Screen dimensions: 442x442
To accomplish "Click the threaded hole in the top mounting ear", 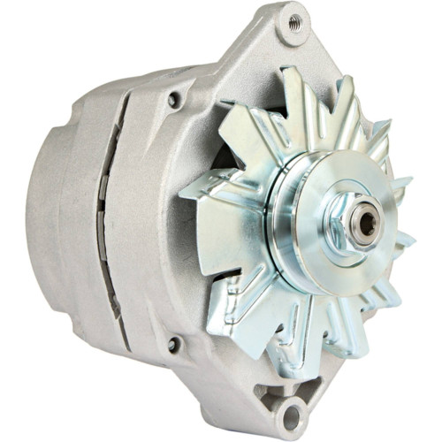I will [294, 22].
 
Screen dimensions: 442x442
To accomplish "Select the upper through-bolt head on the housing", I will [173, 101].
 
